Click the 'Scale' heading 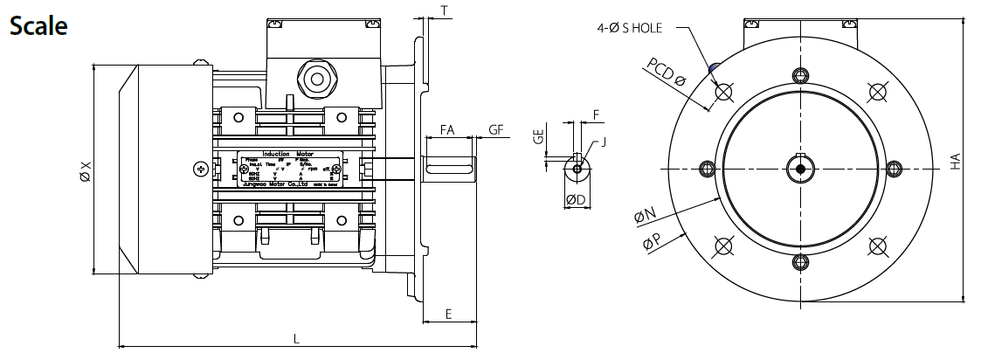point(38,25)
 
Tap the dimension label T point(445,10)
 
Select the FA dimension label point(446,129)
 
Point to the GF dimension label point(496,129)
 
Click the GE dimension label point(539,136)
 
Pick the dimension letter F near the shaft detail point(596,114)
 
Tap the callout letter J point(603,140)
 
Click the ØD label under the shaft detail point(575,200)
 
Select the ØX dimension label point(85,170)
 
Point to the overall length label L point(296,340)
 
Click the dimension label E point(448,313)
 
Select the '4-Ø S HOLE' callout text point(630,28)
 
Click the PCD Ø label point(667,72)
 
